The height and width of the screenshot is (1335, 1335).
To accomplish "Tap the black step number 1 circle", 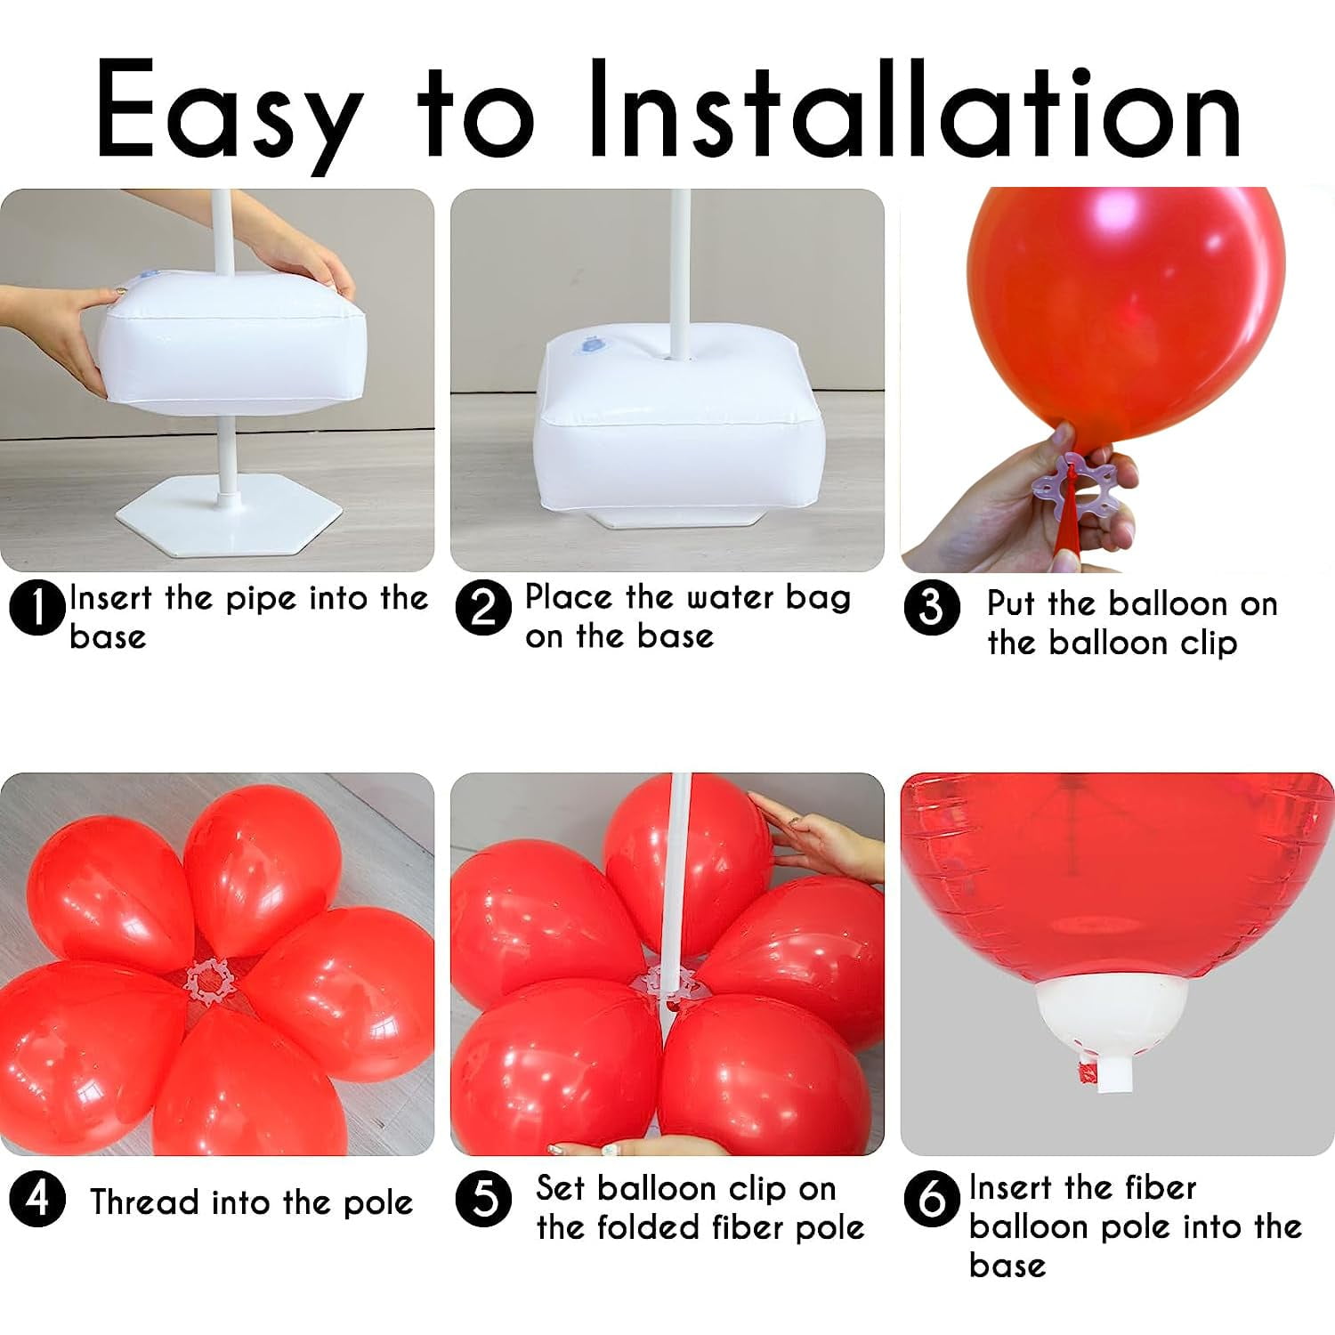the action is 36,609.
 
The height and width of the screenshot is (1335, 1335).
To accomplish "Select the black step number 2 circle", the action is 483,609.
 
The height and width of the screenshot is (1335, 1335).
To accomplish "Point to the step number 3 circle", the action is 932,609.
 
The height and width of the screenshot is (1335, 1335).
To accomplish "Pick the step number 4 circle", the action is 36,1199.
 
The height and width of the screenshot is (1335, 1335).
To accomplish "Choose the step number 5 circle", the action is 483,1199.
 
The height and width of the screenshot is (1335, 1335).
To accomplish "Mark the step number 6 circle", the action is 932,1199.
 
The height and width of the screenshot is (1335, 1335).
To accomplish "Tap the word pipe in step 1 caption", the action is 260,600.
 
